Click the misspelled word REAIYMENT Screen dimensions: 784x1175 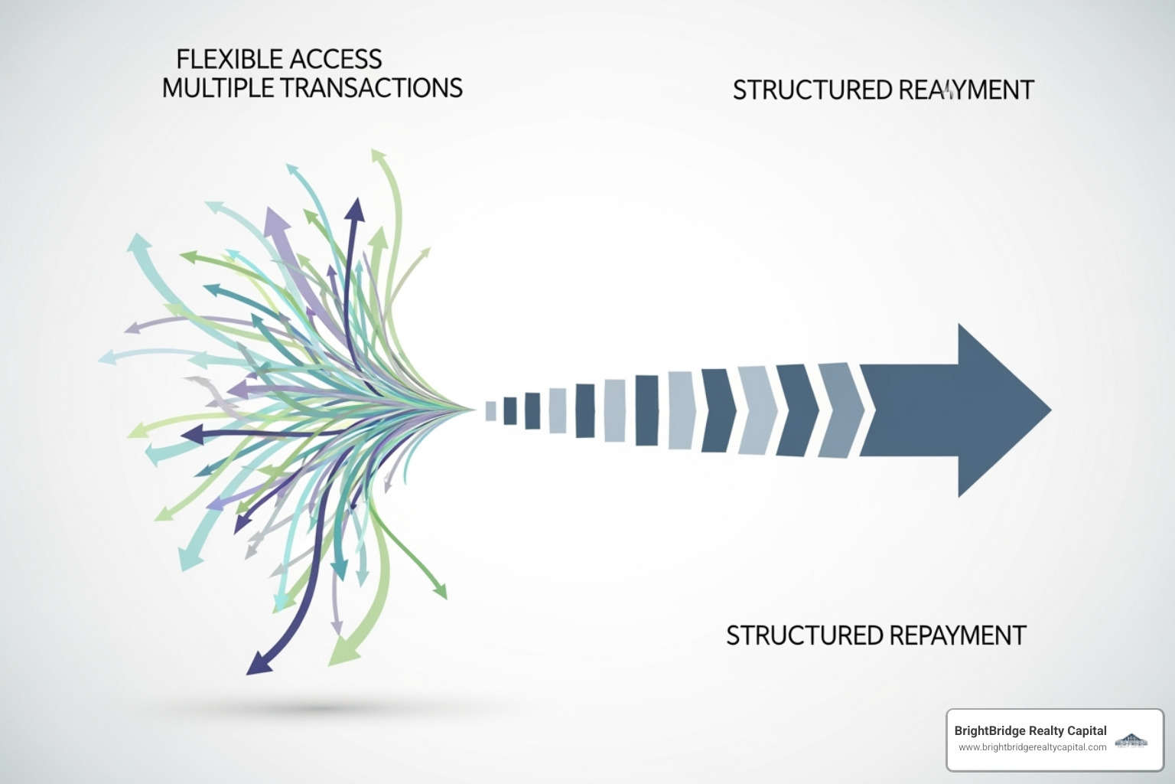pos(965,90)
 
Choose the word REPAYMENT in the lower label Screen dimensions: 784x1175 pos(957,635)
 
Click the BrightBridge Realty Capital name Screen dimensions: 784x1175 pos(1030,730)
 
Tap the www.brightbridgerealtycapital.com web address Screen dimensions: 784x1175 pos(1032,747)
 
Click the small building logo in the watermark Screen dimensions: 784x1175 pos(1131,740)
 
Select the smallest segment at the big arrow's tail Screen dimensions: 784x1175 pos(490,411)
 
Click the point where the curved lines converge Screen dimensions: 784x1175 pos(473,410)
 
